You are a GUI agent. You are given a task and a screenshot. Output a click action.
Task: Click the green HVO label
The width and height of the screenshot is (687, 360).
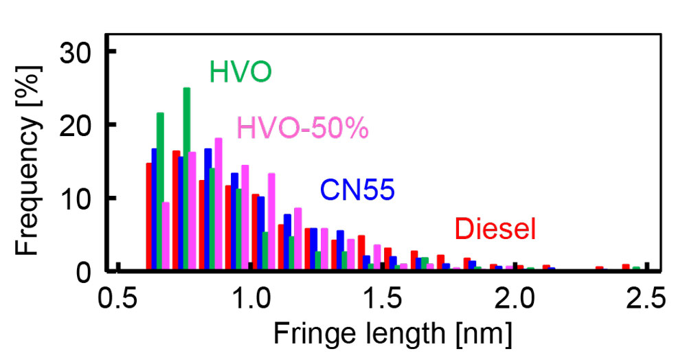point(240,71)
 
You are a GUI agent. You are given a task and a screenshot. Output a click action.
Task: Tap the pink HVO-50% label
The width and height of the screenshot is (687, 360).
point(303,128)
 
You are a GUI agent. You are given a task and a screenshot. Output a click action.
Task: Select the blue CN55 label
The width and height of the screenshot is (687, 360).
point(357,190)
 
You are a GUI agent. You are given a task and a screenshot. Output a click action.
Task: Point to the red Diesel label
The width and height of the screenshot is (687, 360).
point(495,229)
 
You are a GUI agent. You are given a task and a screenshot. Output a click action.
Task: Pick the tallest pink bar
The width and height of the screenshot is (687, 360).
point(218,204)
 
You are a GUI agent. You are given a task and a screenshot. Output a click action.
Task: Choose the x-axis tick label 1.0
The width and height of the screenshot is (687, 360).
point(251,300)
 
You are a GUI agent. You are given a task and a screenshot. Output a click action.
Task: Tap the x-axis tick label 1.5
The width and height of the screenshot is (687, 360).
point(383,300)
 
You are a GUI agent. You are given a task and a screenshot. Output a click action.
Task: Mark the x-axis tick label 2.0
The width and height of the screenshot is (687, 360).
point(515,300)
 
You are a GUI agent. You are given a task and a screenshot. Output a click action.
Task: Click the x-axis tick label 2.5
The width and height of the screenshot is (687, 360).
point(647,300)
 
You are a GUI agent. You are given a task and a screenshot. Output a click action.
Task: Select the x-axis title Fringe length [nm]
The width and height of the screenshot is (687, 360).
point(393,335)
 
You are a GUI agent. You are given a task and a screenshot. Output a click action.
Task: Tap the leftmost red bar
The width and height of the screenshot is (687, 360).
point(148,216)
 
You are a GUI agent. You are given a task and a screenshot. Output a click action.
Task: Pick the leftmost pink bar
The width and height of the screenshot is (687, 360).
point(166,236)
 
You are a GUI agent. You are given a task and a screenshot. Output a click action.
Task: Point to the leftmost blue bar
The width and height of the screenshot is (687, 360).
point(155,210)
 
